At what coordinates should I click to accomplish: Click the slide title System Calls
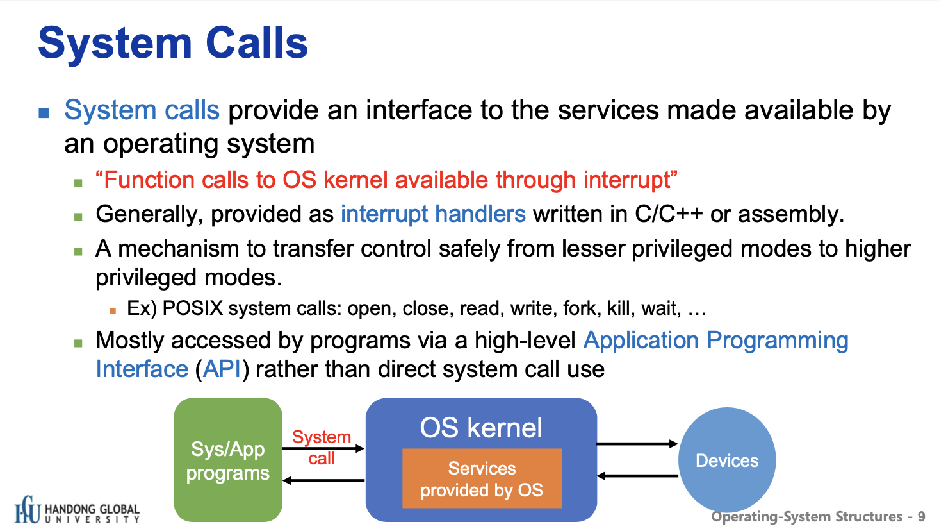173,44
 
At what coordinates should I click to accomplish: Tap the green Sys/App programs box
228,460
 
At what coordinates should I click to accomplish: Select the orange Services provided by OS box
482,478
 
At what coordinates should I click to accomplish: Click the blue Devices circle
727,460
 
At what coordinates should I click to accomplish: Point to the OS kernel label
481,428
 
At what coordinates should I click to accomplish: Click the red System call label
322,448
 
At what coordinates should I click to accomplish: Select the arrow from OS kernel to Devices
637,444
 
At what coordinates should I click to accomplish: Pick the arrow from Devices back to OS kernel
637,476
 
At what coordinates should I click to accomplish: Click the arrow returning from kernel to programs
323,480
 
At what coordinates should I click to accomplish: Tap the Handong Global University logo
77,510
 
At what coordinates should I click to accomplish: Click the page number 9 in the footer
922,517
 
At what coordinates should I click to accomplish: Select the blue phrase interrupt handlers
433,214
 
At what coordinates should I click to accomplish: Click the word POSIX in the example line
192,308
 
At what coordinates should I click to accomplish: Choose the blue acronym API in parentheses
222,369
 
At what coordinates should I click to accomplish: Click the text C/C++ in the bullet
669,214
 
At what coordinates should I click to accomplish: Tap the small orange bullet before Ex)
112,311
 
